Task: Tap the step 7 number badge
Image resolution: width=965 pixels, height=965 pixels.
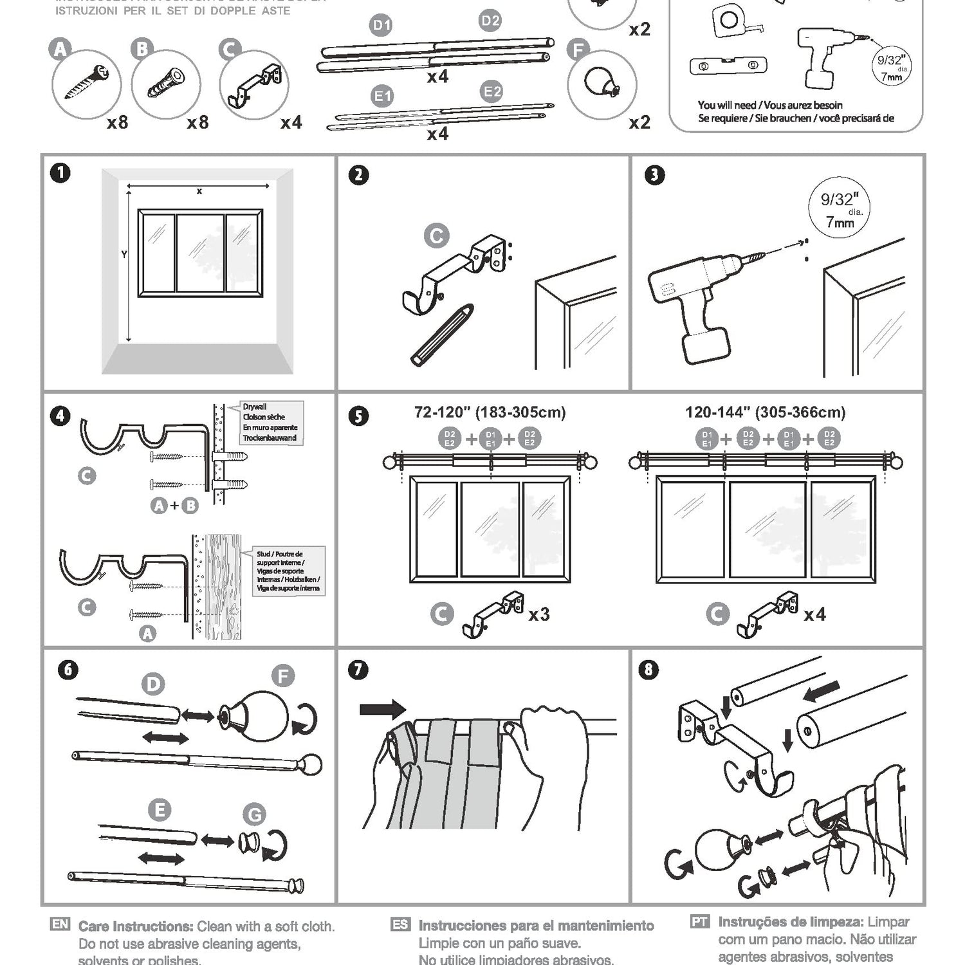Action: (358, 670)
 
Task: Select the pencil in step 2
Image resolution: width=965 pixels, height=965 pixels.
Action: (442, 336)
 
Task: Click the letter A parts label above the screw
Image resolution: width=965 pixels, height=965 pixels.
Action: (60, 49)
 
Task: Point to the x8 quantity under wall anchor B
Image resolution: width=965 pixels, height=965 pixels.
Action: (198, 122)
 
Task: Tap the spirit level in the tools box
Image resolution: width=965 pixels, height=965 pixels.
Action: (728, 66)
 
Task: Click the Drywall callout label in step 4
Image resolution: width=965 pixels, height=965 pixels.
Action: (270, 423)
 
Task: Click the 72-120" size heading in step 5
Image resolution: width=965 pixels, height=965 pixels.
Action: (490, 412)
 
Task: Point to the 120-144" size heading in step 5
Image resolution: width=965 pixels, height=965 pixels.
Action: (766, 412)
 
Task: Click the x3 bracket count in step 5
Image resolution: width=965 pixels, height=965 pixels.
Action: (538, 615)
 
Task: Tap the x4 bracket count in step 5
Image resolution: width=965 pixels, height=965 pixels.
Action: (814, 615)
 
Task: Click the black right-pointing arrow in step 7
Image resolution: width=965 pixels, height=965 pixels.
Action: (383, 710)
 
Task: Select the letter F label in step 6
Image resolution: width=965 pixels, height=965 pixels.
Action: (283, 676)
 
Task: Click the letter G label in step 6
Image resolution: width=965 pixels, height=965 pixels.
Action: (255, 815)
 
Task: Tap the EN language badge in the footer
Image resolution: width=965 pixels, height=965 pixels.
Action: (59, 925)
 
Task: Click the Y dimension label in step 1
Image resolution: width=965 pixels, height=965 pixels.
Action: (124, 255)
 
